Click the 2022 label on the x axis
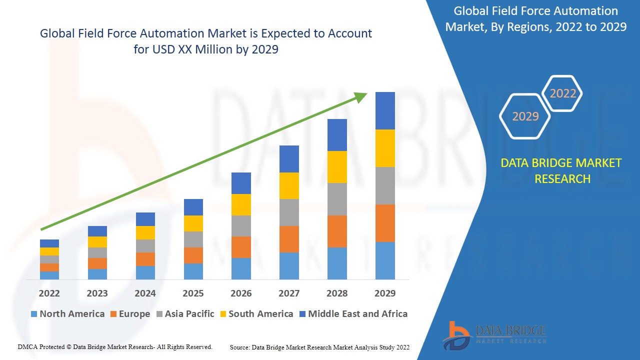[x=49, y=293]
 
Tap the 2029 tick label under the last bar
[x=385, y=293]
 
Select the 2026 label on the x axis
[x=241, y=293]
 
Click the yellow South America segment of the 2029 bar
[x=385, y=148]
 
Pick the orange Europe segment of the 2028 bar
[x=337, y=231]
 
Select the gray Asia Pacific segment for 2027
[x=289, y=212]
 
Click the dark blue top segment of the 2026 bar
[x=241, y=183]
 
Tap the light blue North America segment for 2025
[x=193, y=271]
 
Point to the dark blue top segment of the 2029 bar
[x=385, y=110]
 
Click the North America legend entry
[x=67, y=314]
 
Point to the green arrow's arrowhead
[x=361, y=96]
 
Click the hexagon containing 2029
[x=525, y=116]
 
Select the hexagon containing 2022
[x=563, y=93]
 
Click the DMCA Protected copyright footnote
[x=115, y=346]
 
